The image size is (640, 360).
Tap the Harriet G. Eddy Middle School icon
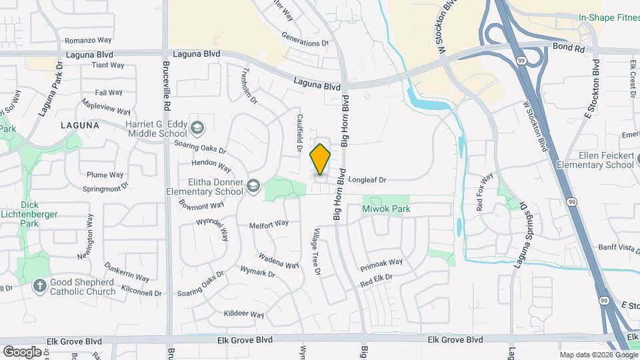197,127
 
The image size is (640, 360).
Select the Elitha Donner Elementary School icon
253,185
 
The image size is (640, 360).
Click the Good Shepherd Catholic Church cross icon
39,285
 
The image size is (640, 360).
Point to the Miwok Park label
386,209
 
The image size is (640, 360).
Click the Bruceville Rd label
167,86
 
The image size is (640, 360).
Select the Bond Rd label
569,49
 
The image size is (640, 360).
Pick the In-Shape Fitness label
607,18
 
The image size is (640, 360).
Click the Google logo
22,351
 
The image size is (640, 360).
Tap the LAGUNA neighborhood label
79,125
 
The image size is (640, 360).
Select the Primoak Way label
381,262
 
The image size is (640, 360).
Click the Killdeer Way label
244,314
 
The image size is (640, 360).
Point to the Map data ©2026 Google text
598,355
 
